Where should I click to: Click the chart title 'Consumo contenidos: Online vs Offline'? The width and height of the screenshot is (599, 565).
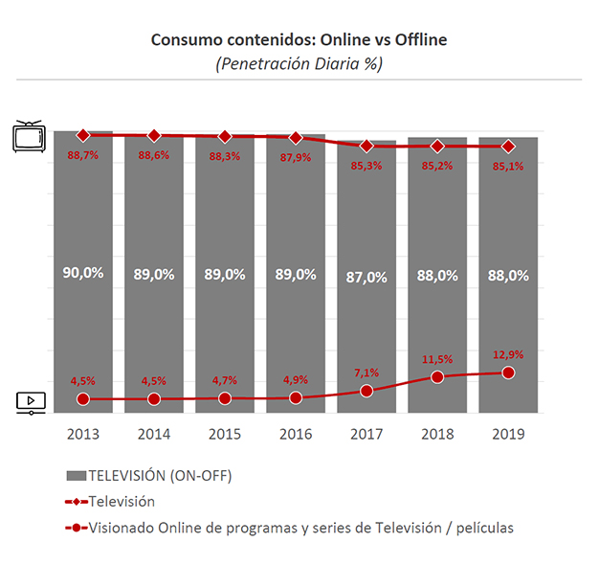click(x=299, y=40)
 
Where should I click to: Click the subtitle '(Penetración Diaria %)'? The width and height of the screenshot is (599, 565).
click(x=299, y=64)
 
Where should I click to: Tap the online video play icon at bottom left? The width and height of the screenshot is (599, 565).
click(x=31, y=403)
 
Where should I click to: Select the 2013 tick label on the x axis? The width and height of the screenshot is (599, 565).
click(x=83, y=434)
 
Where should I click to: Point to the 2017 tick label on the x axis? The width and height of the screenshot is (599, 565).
click(x=366, y=434)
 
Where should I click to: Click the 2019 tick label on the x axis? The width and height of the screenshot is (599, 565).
click(x=508, y=434)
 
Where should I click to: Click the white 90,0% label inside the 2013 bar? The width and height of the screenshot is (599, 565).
click(x=83, y=274)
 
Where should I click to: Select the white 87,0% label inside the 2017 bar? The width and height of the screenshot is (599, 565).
click(x=366, y=277)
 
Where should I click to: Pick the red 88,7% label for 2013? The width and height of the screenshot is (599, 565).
click(x=83, y=155)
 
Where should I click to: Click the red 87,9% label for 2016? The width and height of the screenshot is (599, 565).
click(x=296, y=157)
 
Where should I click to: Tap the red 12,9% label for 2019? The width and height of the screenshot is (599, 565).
click(x=508, y=354)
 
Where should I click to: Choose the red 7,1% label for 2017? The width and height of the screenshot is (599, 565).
click(x=366, y=372)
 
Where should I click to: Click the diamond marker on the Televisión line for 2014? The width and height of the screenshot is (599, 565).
click(x=154, y=136)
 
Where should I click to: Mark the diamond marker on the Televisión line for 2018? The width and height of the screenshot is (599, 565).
click(x=437, y=147)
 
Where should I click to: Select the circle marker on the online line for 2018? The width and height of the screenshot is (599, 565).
click(x=437, y=376)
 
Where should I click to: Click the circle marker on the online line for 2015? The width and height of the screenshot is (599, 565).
click(x=225, y=397)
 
